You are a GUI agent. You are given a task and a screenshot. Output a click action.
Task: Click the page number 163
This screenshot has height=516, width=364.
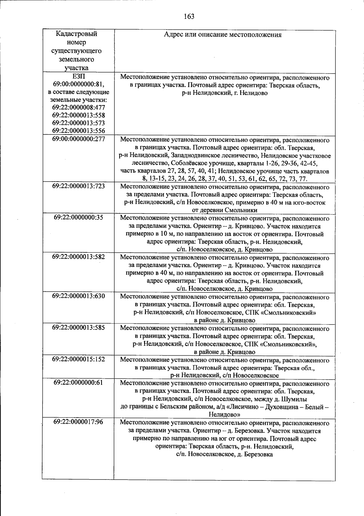(189, 16)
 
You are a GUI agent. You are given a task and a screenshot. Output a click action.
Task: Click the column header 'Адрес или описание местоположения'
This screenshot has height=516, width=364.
(223, 35)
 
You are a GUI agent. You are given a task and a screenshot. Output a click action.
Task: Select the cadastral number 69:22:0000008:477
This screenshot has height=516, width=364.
(79, 108)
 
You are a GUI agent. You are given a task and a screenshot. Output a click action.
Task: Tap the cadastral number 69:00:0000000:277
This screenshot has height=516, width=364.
(79, 139)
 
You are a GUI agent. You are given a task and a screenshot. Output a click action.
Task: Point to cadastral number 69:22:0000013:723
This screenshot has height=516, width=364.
(79, 186)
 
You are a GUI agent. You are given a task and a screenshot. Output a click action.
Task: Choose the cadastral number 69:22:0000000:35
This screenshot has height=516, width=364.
(79, 217)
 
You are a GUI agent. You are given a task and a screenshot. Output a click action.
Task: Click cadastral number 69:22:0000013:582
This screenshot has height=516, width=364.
(79, 257)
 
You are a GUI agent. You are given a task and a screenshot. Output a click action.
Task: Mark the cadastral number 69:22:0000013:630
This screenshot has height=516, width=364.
(79, 296)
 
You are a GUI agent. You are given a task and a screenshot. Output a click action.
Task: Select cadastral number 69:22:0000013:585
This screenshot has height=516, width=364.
(79, 327)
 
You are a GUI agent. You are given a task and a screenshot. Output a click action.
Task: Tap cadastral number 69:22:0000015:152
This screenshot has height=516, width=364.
(79, 359)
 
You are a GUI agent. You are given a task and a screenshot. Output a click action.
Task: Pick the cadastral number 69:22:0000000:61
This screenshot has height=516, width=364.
(79, 383)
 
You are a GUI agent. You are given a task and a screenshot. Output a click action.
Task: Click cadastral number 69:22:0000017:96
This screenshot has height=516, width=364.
(79, 422)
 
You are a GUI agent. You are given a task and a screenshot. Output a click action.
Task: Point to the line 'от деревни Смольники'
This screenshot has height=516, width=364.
(224, 210)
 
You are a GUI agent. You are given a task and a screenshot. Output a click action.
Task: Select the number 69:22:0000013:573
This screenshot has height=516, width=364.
(79, 123)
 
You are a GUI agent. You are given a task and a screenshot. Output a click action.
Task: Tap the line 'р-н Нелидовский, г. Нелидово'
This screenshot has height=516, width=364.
(224, 93)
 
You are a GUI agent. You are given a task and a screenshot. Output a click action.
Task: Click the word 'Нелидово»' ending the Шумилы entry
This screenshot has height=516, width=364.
(224, 415)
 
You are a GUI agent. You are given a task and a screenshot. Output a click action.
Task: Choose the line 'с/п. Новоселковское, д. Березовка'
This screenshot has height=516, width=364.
(224, 454)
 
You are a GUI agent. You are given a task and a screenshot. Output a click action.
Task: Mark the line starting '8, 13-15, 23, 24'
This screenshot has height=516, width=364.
(224, 179)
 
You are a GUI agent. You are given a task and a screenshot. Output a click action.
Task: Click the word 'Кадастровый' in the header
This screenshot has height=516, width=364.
(77, 34)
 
